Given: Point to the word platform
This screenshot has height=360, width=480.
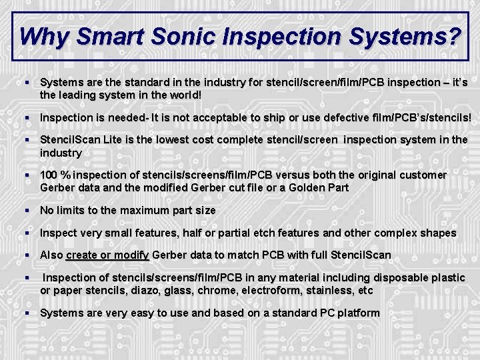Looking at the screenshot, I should pyautogui.click(x=357, y=313).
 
